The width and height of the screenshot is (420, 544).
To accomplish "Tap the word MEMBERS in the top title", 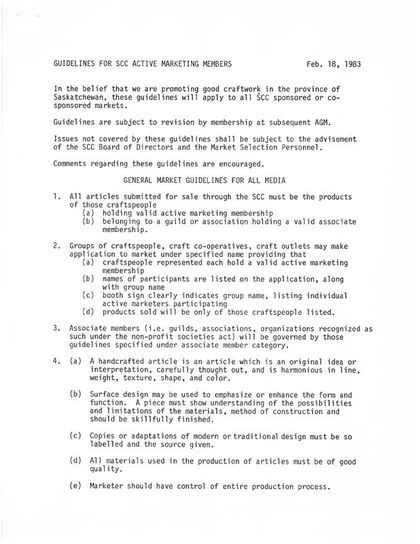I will [x=213, y=65].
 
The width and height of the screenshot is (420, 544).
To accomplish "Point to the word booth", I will [x=114, y=296].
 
